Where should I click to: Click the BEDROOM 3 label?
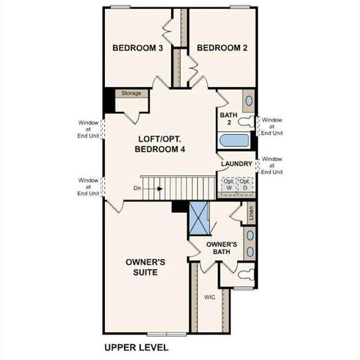(137, 48)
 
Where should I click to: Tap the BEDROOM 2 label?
(221, 48)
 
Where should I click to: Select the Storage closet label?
(131, 94)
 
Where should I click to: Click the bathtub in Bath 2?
(236, 140)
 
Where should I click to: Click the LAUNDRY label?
(236, 163)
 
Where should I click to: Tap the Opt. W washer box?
(228, 184)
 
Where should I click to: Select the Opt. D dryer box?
(244, 184)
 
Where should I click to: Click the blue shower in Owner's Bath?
(199, 218)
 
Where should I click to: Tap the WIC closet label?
(209, 297)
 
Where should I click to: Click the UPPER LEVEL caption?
(136, 348)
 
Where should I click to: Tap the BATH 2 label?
(227, 119)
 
